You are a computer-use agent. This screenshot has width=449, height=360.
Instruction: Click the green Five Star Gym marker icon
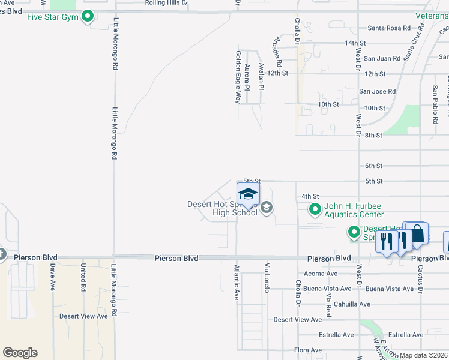(x=88, y=16)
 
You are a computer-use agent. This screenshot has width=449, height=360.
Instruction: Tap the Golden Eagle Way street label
(x=238, y=76)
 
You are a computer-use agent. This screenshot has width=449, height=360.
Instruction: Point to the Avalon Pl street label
(x=261, y=77)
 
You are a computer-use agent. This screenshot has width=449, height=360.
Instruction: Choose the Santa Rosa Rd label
(x=389, y=28)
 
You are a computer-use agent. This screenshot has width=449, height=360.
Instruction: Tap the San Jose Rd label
(x=377, y=92)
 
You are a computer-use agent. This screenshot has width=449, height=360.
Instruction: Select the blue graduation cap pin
(x=248, y=194)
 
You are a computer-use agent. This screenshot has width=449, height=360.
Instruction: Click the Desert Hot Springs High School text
(x=222, y=208)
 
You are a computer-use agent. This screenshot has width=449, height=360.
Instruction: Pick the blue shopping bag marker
(x=417, y=233)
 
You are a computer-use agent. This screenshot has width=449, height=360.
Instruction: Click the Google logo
(x=20, y=353)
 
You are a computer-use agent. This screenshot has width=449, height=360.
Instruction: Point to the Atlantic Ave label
(x=237, y=282)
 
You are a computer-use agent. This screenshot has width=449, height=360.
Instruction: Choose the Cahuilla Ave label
(x=352, y=304)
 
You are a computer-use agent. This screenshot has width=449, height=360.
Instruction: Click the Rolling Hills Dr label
(x=166, y=3)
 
